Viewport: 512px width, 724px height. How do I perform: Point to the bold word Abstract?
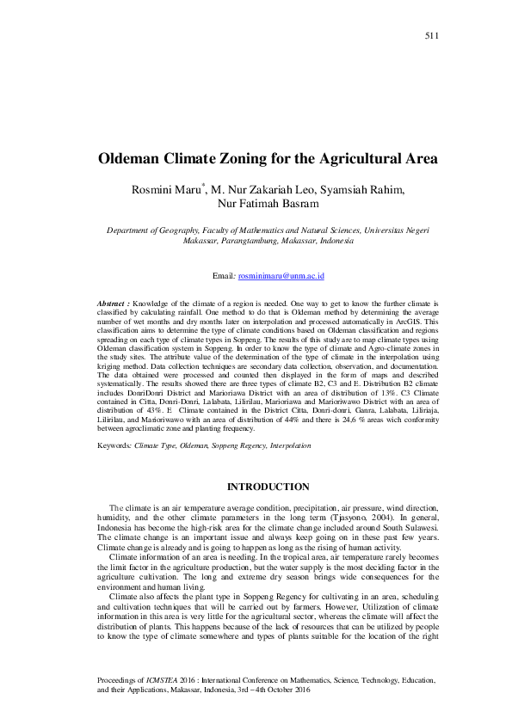coord(113,304)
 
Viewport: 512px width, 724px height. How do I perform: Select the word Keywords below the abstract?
coord(114,446)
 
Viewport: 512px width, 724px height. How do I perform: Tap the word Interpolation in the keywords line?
coord(288,446)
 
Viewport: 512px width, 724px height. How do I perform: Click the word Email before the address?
coord(223,275)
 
